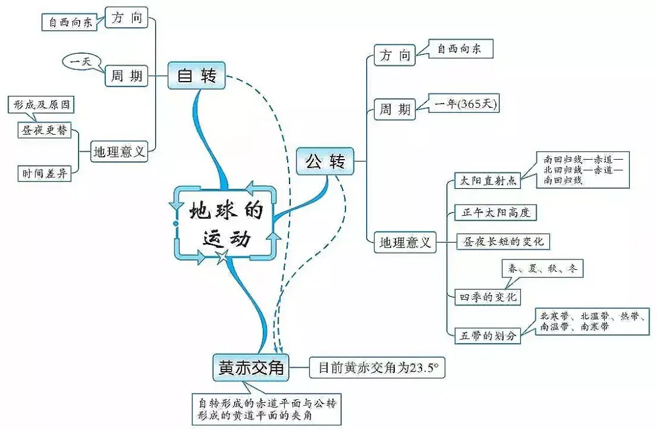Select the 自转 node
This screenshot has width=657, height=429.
pos(196,76)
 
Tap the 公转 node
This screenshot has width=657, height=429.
pos(325,161)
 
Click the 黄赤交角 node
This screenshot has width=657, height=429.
pos(251,367)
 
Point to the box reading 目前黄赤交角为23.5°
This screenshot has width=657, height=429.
pos(377,368)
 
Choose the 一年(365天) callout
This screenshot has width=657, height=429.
pos(465,104)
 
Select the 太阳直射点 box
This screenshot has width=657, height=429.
pos(488,181)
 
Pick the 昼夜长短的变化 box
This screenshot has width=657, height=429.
pos(504,241)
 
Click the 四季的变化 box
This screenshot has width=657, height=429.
pos(488,297)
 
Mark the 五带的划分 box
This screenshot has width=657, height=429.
pos(488,335)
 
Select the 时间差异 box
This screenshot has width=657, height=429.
pos(44,174)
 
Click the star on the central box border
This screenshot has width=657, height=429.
pos(223,258)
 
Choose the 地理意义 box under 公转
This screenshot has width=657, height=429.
pos(405,243)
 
